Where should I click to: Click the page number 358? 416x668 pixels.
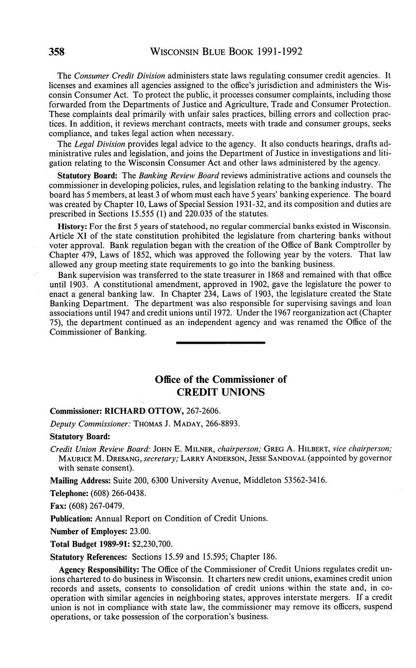[57, 52]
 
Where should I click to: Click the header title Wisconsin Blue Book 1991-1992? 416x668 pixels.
[227, 52]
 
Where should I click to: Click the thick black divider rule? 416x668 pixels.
[221, 343]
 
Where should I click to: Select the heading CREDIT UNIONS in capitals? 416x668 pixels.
[220, 392]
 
